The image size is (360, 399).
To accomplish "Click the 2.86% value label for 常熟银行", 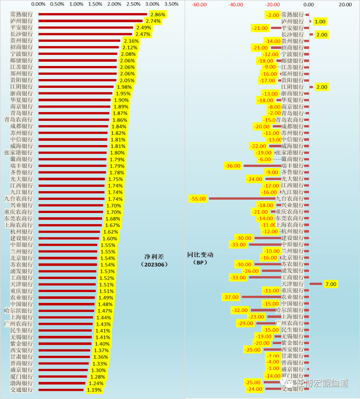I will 157,15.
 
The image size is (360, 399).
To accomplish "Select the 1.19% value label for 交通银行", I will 94,390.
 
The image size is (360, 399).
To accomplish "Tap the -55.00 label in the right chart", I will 198,199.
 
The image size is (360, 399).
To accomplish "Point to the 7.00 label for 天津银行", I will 331,284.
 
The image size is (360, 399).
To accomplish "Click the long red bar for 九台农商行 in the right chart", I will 242,199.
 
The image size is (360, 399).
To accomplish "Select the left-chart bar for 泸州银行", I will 90,21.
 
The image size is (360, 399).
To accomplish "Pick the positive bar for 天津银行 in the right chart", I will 316,284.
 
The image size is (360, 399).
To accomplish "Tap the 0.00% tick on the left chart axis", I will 38,4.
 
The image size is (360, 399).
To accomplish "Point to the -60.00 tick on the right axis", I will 199,5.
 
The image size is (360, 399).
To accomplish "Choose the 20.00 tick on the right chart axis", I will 345,5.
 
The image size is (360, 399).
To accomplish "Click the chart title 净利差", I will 154,257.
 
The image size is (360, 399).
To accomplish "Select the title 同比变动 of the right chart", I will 200,255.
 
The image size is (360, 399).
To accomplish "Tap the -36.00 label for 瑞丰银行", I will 233,166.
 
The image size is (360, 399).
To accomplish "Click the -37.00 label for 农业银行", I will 231,297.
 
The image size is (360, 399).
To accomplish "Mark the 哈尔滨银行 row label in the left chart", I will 19,311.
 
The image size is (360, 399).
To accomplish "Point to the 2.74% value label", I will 153,21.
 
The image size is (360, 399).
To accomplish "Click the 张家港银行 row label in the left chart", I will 19,153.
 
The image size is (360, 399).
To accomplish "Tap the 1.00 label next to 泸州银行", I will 320,22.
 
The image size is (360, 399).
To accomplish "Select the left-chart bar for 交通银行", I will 61,390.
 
